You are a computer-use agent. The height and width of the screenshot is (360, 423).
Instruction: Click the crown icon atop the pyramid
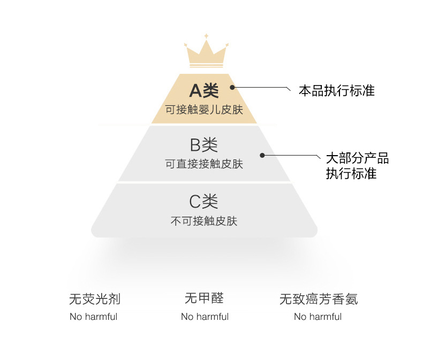[206, 53]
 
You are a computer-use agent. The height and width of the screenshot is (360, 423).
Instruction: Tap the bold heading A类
[204, 91]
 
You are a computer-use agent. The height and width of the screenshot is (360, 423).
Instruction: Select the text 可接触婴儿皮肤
[204, 110]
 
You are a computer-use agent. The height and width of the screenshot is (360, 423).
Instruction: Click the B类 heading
[204, 145]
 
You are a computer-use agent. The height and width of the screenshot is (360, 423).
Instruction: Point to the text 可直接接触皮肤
[204, 164]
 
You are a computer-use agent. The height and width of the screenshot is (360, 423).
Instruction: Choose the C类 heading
[204, 202]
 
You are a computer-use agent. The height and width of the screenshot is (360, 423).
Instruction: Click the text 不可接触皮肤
[204, 221]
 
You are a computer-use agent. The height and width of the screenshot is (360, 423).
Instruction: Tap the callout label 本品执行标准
[336, 90]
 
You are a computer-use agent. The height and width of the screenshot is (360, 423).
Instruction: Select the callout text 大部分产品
[358, 158]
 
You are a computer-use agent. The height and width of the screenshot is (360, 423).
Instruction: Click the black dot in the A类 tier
[232, 87]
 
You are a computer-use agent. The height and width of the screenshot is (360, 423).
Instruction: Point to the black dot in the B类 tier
[262, 155]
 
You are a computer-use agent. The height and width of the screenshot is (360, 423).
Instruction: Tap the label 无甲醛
[204, 298]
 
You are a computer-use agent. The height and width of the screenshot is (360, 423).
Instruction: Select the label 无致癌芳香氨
[319, 298]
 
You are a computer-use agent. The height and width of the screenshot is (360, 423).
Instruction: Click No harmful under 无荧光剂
[93, 317]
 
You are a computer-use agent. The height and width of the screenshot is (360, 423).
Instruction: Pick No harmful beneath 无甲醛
[205, 317]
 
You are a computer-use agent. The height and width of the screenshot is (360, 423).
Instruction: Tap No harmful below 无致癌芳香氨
[318, 317]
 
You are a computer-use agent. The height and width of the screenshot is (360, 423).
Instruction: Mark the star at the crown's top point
[206, 36]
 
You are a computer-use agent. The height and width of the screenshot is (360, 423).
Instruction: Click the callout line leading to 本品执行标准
[262, 87]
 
